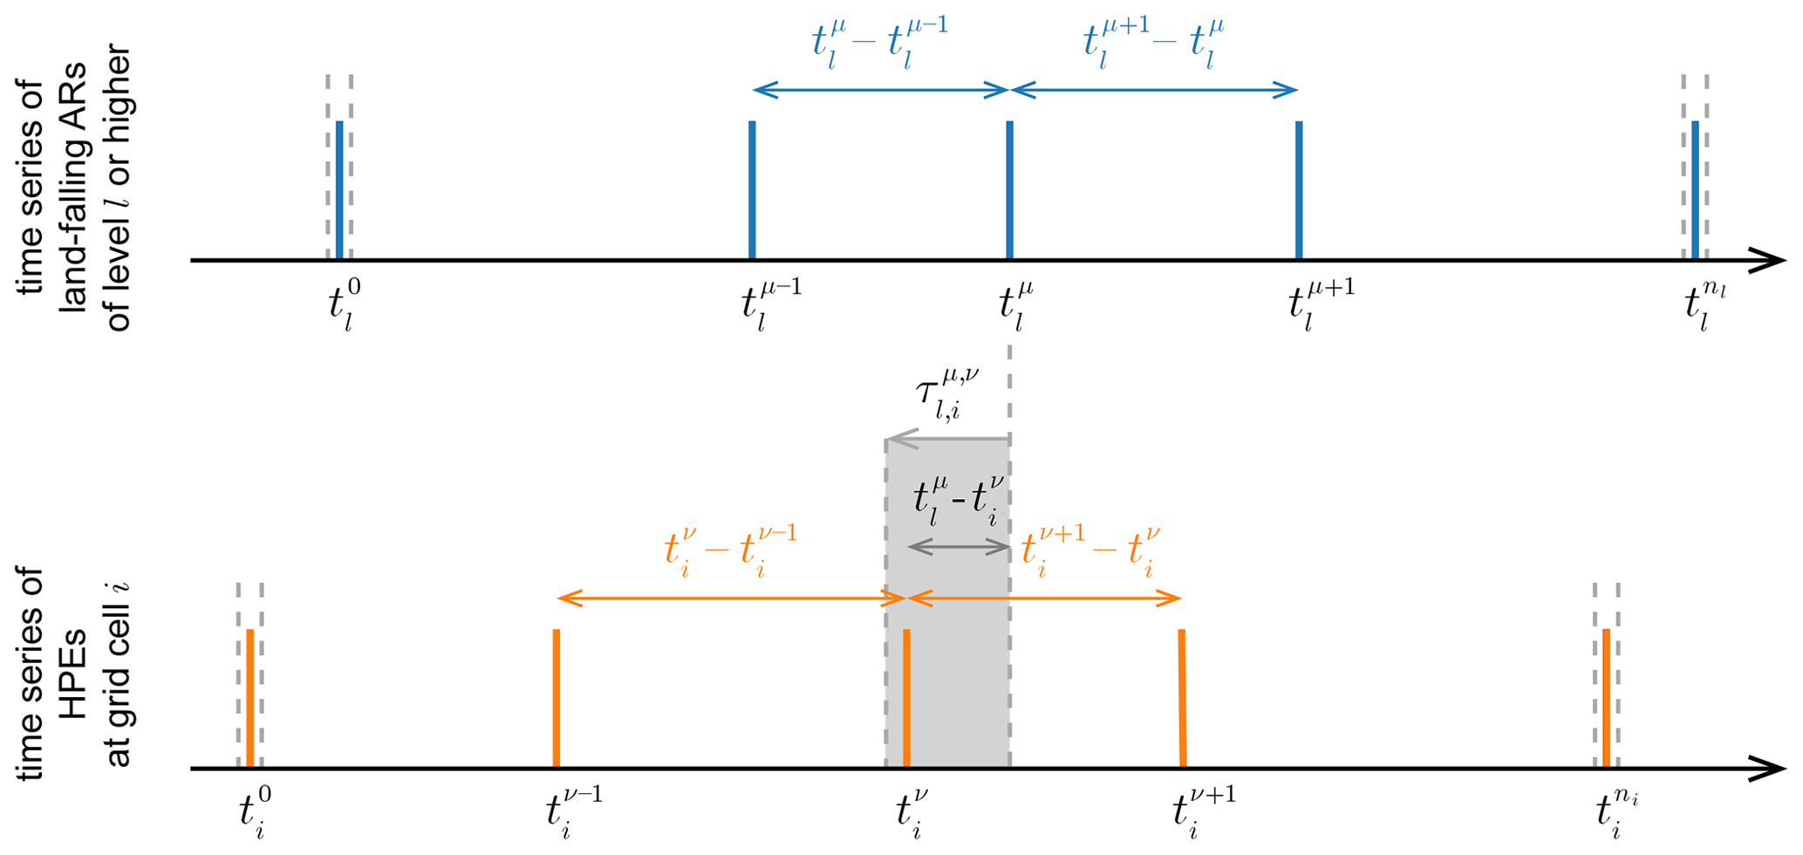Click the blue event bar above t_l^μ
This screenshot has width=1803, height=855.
coord(1009,190)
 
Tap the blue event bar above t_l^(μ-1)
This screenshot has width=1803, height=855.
coord(752,190)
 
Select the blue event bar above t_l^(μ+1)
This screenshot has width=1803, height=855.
coord(1299,190)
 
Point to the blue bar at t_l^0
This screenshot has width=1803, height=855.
coord(339,190)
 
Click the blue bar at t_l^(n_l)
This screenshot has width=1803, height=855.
coord(1695,190)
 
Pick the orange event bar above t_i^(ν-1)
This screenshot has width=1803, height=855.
coord(557,698)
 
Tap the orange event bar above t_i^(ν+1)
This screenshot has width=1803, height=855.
coord(1182,698)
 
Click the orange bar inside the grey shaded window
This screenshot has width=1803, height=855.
coord(906,698)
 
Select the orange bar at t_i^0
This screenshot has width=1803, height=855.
coord(249,698)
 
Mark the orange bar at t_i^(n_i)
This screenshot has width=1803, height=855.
coord(1606,698)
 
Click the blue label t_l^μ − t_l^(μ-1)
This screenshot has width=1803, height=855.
coord(879,44)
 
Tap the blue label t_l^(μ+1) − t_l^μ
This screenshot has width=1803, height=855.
coord(1153,44)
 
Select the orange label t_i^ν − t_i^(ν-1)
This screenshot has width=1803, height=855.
coord(730,551)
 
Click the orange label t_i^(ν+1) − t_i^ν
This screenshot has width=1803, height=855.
coord(1090,551)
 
